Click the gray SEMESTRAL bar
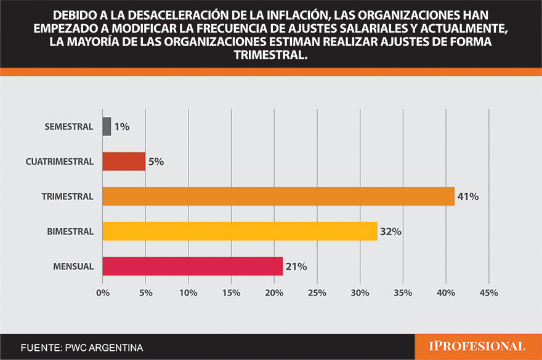[x=107, y=127]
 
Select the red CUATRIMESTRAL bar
[x=124, y=162]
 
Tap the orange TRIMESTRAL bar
[x=278, y=196]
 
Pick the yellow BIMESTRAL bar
[x=240, y=231]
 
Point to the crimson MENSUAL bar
[x=192, y=266]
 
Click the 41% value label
[x=468, y=197]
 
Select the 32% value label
[x=390, y=232]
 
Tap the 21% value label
[x=296, y=267]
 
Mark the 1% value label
[x=121, y=127]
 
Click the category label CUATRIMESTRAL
[x=60, y=162]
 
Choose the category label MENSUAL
[x=73, y=267]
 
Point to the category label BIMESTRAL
[x=70, y=232]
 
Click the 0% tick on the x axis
[x=102, y=292]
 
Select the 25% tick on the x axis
[x=317, y=292]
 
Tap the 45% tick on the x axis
[x=488, y=292]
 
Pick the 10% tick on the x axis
[x=188, y=292]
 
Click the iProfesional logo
[x=477, y=346]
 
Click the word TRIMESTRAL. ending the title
[x=270, y=55]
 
